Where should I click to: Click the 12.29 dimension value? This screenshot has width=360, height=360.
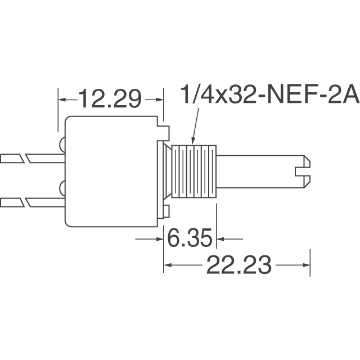110,99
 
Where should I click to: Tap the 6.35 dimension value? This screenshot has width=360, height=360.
190,239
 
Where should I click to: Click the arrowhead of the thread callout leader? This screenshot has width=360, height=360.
193,139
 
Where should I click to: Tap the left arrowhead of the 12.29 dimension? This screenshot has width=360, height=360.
63,100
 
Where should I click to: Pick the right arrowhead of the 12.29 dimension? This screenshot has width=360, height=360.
158,100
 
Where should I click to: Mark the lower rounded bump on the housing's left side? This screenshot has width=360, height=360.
61,187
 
